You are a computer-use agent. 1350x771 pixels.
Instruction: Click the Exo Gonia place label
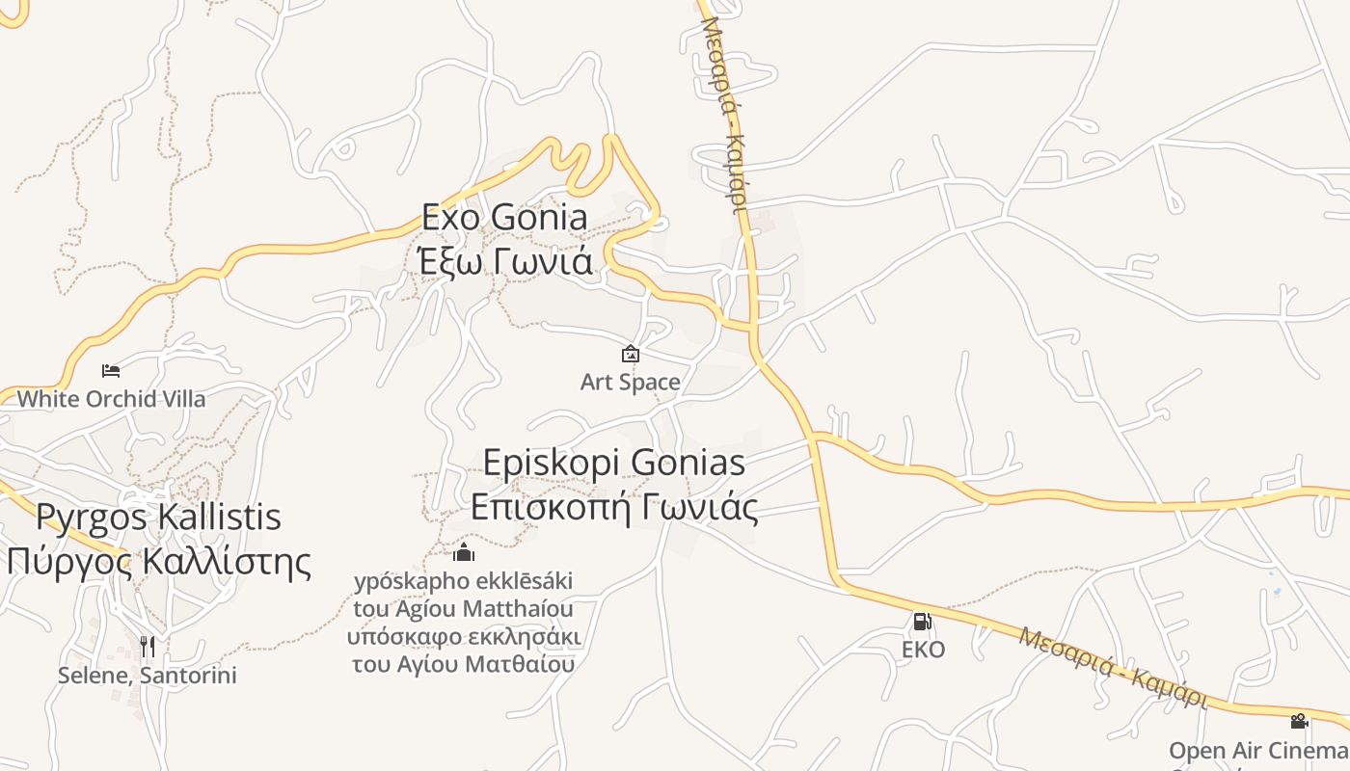click(x=504, y=218)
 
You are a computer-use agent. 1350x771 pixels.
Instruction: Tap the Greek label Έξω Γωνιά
click(x=504, y=260)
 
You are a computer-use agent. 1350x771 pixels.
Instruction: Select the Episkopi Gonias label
click(x=613, y=463)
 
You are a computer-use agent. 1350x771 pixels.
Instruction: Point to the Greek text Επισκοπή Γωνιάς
click(x=613, y=507)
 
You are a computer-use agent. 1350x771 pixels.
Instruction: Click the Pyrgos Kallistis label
click(x=158, y=517)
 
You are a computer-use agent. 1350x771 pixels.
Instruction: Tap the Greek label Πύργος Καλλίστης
click(x=158, y=561)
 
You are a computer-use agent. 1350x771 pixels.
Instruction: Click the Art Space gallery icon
click(x=631, y=354)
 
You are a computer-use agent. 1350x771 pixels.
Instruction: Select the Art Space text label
click(x=631, y=382)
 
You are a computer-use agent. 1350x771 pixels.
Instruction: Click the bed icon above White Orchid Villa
click(x=111, y=370)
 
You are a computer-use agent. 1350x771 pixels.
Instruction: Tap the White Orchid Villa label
click(x=111, y=398)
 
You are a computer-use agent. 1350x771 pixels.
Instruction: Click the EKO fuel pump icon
click(x=922, y=622)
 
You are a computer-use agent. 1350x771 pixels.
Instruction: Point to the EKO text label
click(x=923, y=650)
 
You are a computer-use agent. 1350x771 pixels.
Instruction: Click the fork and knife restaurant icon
click(x=148, y=646)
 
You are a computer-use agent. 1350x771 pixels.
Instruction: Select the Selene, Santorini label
click(x=147, y=675)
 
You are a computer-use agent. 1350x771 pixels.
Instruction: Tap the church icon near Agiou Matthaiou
click(x=464, y=552)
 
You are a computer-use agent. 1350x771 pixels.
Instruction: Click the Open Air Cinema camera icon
click(x=1299, y=721)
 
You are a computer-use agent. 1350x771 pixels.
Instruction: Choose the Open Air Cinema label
click(x=1258, y=750)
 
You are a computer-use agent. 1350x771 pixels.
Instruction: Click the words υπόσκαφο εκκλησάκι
click(x=464, y=637)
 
